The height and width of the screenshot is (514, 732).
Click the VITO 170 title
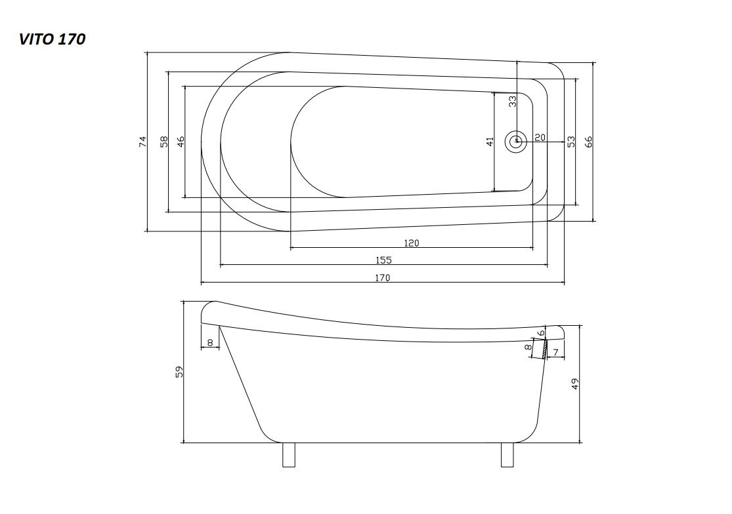52,39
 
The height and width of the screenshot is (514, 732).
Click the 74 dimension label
142,142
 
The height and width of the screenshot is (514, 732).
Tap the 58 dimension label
163,142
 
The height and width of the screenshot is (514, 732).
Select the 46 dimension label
181,142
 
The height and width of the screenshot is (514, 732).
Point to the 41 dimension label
490,142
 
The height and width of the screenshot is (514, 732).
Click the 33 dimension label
512,102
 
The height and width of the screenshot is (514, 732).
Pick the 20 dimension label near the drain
540,138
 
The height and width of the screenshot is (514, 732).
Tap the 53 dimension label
571,142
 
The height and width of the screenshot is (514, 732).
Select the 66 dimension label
588,142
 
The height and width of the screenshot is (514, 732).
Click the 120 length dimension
411,243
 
